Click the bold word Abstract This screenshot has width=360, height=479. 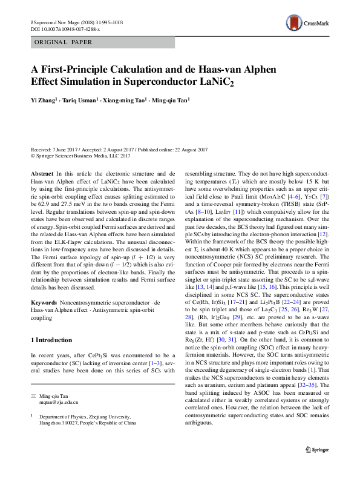[x=42, y=173]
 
